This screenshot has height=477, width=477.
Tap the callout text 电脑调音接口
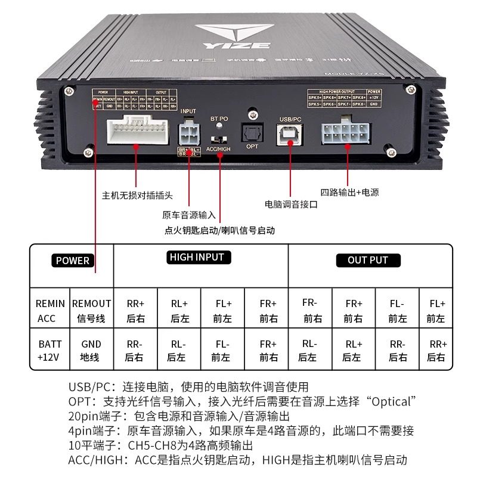pyautogui.click(x=291, y=204)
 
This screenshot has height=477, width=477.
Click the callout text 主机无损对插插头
pyautogui.click(x=137, y=195)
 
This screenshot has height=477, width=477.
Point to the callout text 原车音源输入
pyautogui.click(x=189, y=215)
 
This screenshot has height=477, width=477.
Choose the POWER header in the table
pyautogui.click(x=73, y=261)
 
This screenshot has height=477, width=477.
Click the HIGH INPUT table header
pyautogui.click(x=197, y=258)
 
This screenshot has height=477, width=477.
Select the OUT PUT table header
pyautogui.click(x=367, y=261)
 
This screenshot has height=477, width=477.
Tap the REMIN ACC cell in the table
pyautogui.click(x=50, y=311)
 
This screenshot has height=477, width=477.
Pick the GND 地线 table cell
pyautogui.click(x=91, y=351)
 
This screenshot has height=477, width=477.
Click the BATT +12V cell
pyautogui.click(x=50, y=351)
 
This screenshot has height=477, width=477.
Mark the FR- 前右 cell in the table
pyautogui.click(x=309, y=310)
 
